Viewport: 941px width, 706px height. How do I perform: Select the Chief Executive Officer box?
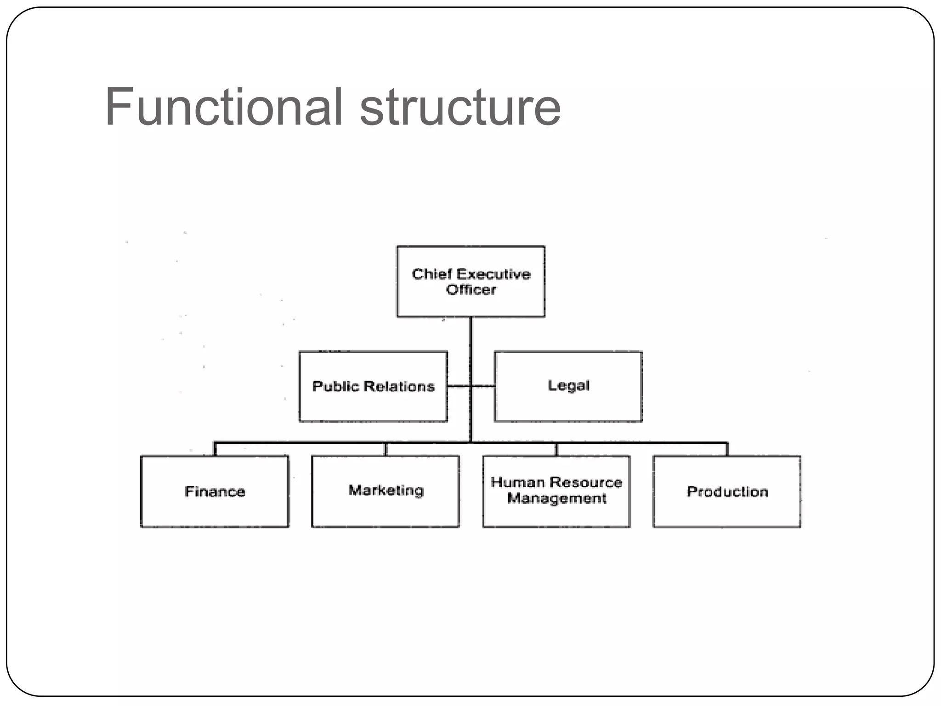(x=470, y=281)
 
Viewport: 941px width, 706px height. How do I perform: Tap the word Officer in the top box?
(x=471, y=290)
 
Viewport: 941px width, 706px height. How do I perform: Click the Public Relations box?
(x=373, y=386)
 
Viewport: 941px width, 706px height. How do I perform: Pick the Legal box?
(x=568, y=386)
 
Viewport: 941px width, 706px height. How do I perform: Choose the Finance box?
(x=215, y=491)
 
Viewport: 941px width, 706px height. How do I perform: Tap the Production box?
(x=727, y=491)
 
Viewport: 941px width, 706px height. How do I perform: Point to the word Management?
(x=556, y=499)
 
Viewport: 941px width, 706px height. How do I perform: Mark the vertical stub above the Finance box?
(x=215, y=449)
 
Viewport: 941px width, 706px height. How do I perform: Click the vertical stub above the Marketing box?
(x=385, y=449)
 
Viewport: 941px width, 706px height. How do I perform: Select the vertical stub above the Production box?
(x=727, y=449)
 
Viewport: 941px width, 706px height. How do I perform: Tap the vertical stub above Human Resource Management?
(x=556, y=449)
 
